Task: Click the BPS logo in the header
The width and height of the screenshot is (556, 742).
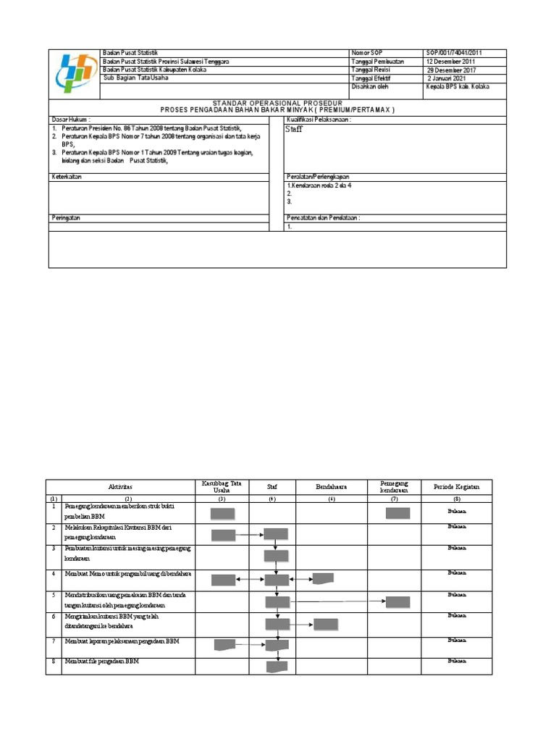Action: click(x=74, y=74)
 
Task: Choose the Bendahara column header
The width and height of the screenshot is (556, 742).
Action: click(x=332, y=488)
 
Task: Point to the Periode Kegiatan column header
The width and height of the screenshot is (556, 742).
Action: click(x=456, y=488)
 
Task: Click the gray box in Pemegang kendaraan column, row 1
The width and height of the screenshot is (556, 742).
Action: click(x=397, y=514)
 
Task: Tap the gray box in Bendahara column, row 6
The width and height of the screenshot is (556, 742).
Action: click(x=326, y=624)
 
